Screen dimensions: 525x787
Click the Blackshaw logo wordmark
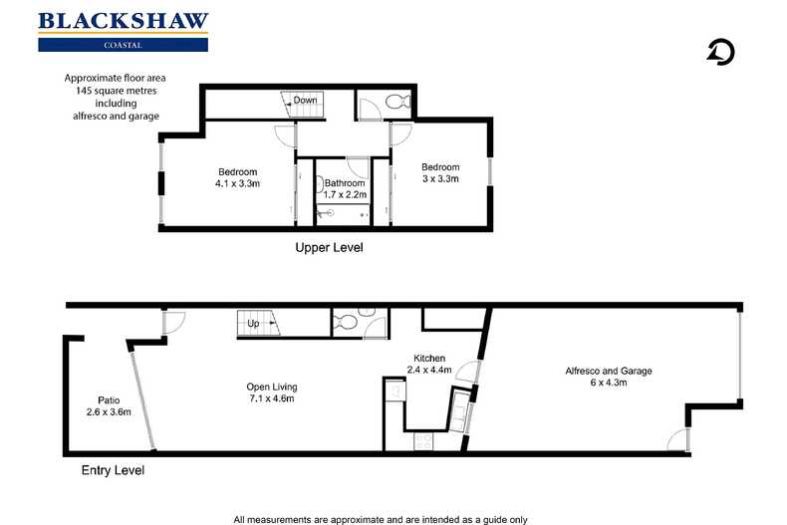(123, 21)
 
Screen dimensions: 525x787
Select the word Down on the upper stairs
(305, 101)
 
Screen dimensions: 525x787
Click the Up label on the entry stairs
(253, 324)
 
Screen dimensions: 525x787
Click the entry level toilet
(345, 322)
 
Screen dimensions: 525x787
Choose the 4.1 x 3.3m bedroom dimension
(237, 183)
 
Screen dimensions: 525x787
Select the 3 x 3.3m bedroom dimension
(439, 178)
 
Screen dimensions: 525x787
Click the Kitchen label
(429, 358)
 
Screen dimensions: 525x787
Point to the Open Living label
(272, 387)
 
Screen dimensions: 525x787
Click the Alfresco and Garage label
(608, 371)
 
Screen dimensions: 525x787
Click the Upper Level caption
(329, 247)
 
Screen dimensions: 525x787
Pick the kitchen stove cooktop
(422, 439)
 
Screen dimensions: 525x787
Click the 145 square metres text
(113, 91)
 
